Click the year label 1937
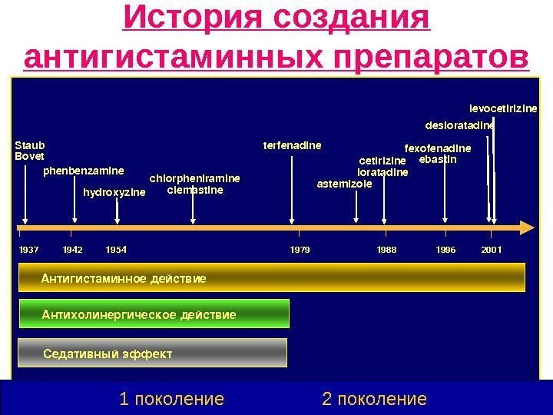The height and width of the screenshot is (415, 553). tap(28, 250)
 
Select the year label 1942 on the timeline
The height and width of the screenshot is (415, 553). tap(73, 250)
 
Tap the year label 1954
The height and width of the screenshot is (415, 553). tap(116, 250)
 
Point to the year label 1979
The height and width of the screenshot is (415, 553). tap(300, 250)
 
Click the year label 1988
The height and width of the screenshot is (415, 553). tap(387, 250)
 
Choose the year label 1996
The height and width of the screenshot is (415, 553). tap(445, 250)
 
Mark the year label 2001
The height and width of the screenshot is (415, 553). tap(492, 250)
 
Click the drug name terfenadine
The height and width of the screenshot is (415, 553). tap(292, 144)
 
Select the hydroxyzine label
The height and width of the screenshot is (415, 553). tap(114, 192)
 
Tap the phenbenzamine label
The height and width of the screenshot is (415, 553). tap(83, 170)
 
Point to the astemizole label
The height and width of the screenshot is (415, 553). tap(345, 184)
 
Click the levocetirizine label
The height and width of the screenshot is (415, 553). tap(503, 108)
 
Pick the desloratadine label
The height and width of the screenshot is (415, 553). tap(459, 125)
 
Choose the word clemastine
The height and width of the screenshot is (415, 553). tap(195, 189)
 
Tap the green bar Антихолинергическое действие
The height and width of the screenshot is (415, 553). tap(157, 314)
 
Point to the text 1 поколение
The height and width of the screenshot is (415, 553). tap(172, 399)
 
